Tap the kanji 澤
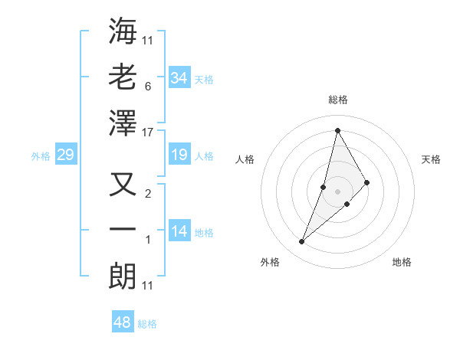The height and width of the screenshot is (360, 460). click(x=123, y=123)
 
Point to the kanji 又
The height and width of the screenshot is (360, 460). click(x=123, y=185)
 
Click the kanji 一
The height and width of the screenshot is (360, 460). click(x=123, y=230)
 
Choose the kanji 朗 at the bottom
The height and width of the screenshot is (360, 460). click(x=123, y=276)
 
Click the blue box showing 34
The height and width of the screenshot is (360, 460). click(x=179, y=77)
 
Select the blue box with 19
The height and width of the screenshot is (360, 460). click(x=179, y=155)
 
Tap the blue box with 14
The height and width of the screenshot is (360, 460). click(x=179, y=232)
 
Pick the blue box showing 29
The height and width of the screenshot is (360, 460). click(x=65, y=155)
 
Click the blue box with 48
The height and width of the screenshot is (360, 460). click(x=122, y=322)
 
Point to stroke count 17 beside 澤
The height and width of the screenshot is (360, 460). click(x=148, y=133)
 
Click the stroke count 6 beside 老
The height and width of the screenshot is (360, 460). click(x=148, y=86)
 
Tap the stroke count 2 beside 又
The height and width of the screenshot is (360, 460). click(x=148, y=193)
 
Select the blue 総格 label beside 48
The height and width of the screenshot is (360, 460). click(x=147, y=324)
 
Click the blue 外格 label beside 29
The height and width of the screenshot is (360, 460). click(x=41, y=156)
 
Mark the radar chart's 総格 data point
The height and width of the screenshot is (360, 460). click(x=337, y=130)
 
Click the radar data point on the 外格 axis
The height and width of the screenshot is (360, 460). click(x=301, y=242)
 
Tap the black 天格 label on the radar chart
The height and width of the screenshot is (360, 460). click(x=432, y=159)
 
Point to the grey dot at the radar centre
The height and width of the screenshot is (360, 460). click(x=337, y=180)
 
